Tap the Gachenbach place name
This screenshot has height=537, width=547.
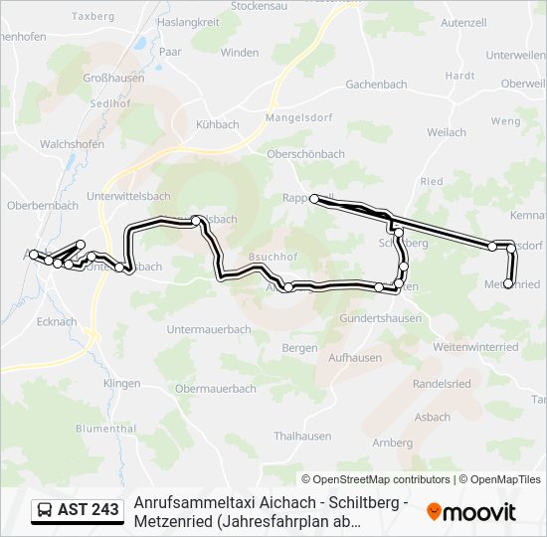(x=377, y=85)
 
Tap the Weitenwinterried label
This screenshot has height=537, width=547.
(x=475, y=347)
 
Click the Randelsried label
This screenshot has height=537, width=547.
(x=442, y=383)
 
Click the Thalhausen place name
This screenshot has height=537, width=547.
(x=302, y=436)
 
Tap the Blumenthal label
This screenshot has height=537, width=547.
(x=105, y=429)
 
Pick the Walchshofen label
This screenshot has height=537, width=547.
(x=72, y=144)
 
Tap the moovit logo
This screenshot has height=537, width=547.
(x=471, y=511)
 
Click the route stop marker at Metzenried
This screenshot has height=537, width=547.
(x=508, y=284)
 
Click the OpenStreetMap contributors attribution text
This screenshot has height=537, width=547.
(x=377, y=479)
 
